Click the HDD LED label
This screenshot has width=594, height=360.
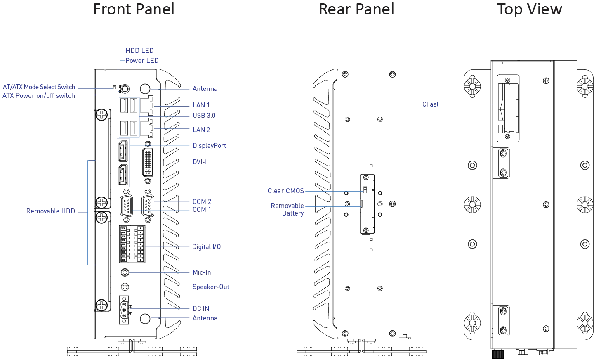[x=139, y=50]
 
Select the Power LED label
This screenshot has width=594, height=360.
[x=141, y=60]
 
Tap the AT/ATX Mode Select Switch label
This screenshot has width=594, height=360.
[x=39, y=87]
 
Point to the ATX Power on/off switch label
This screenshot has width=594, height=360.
[x=39, y=96]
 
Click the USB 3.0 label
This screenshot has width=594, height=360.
[x=204, y=116]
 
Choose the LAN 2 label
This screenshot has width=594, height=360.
[x=201, y=129]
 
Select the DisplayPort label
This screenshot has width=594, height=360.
[x=210, y=145]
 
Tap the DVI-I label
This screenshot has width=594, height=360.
[x=200, y=162]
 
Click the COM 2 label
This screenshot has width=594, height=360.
[x=201, y=201]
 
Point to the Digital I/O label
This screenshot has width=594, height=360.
[x=206, y=246]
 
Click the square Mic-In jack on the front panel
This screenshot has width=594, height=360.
[x=123, y=272]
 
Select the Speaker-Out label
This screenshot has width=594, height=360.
[x=211, y=287]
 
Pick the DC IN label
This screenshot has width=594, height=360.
[x=201, y=308]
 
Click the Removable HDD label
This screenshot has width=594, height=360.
[x=51, y=211]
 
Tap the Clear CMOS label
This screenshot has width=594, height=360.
[x=286, y=191]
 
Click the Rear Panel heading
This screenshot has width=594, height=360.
[x=356, y=10]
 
